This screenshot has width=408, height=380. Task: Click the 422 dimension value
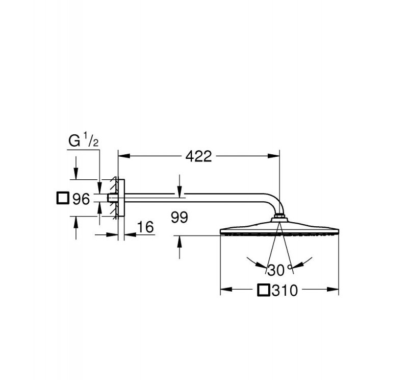[x=198, y=156]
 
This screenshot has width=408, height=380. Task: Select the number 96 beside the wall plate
[x=81, y=199]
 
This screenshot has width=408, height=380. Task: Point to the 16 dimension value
[x=145, y=227]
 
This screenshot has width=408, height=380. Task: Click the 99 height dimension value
[x=180, y=218]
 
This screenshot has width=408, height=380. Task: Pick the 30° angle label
[x=279, y=270]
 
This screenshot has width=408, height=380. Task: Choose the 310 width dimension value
[x=285, y=290]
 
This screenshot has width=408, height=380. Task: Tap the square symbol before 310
[x=264, y=290]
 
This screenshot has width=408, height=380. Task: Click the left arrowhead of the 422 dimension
[x=124, y=156]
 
